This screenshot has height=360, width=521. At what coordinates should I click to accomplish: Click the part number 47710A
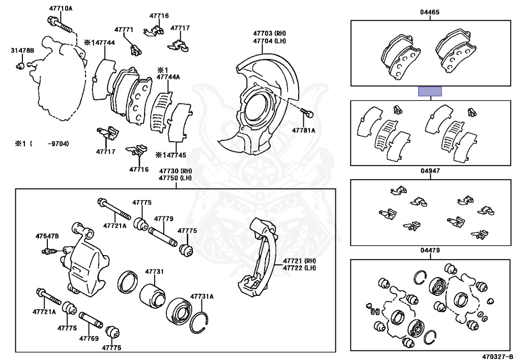61,9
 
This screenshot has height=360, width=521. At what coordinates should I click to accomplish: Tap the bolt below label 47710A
61,22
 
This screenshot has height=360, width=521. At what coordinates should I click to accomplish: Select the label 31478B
22,50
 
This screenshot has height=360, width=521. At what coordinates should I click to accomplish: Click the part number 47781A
304,130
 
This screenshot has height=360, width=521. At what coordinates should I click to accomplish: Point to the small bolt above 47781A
306,112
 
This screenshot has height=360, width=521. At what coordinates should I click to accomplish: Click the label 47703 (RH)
270,33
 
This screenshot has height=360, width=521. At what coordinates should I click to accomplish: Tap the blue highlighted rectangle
430,92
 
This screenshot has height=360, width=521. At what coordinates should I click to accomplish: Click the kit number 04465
430,12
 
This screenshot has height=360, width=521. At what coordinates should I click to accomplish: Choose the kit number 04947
430,171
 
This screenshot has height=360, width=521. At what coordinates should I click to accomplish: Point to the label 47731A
202,296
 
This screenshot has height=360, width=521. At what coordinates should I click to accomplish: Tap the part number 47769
89,338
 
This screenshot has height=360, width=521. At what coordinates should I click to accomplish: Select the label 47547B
47,236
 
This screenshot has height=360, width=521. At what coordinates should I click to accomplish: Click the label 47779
164,219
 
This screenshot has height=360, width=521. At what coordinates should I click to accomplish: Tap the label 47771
124,30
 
